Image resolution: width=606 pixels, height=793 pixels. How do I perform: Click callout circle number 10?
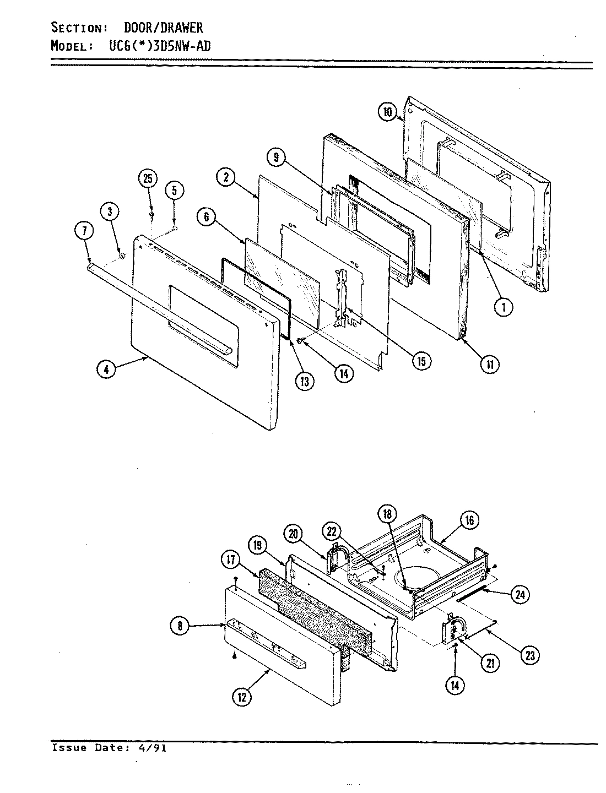[387, 112]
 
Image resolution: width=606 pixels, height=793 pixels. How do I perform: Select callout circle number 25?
[147, 180]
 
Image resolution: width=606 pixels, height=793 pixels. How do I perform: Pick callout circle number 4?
[107, 370]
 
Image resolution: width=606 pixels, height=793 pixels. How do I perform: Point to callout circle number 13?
[304, 381]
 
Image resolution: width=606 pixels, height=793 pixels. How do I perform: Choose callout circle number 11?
[490, 363]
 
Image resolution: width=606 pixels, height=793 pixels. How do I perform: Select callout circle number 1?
[503, 307]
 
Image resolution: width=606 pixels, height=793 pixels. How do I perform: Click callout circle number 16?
[469, 520]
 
